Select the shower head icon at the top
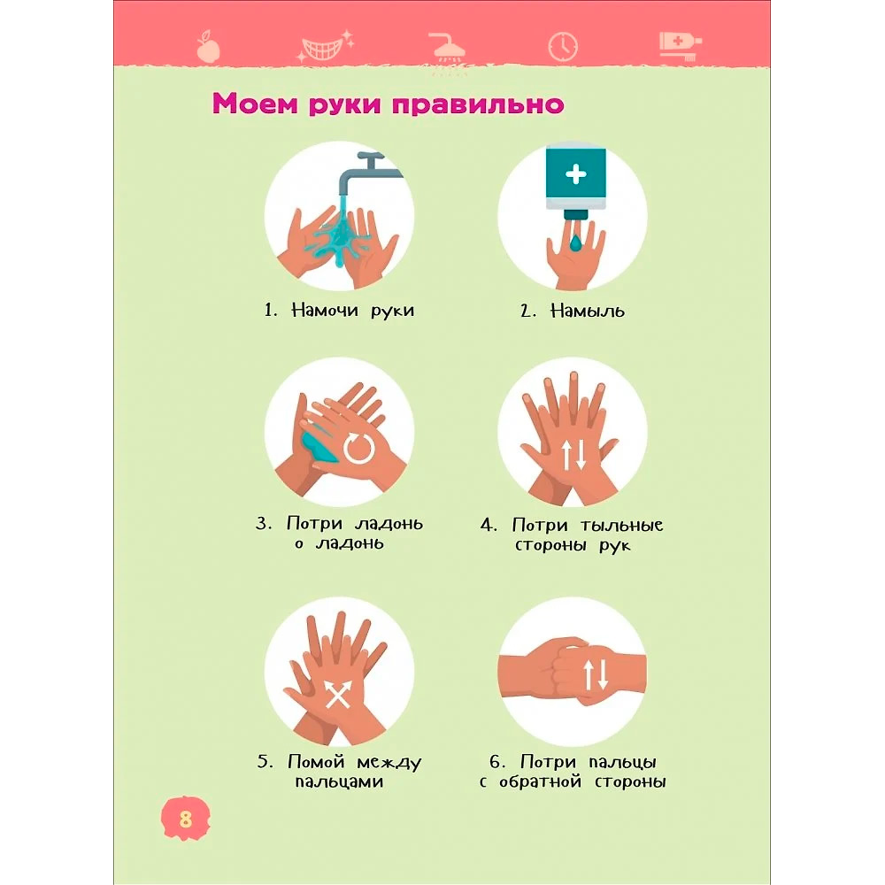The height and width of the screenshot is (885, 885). tap(446, 48)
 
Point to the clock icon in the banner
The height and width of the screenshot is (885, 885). tap(563, 46)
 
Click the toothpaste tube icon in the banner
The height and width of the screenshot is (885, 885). tap(681, 45)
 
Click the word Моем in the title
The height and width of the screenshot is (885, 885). tap(255, 104)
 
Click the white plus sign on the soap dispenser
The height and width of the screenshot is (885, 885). tap(576, 174)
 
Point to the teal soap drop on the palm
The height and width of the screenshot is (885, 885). tap(575, 243)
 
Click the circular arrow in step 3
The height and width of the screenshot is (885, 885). tap(359, 449)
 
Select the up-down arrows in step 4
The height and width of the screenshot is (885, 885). tap(574, 455)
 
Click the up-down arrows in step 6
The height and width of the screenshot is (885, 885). tap(596, 675)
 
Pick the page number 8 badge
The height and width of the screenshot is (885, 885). tap(185, 819)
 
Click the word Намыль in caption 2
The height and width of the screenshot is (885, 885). tap(587, 311)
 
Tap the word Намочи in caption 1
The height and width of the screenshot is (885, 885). tap(325, 310)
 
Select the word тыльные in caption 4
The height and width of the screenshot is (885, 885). tap(621, 526)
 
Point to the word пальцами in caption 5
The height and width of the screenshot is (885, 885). tap(339, 781)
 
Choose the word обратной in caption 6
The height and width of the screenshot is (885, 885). tap(540, 781)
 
